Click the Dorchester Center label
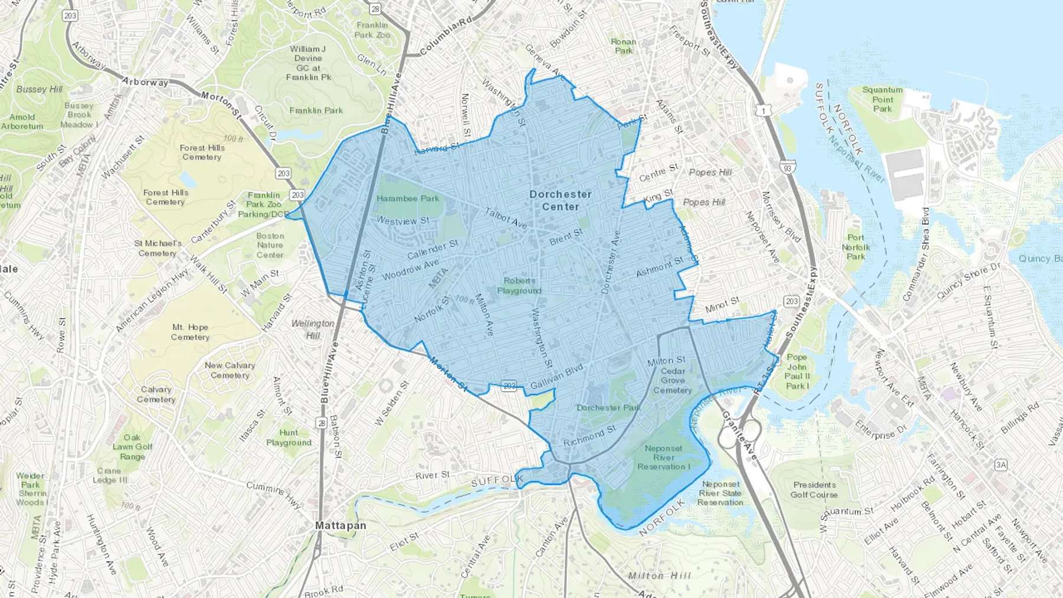coord(560,201)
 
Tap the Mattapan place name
coord(341,525)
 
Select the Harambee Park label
coord(407,198)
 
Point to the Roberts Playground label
coord(519,286)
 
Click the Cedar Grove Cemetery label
coord(673,381)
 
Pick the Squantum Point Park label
coord(882,99)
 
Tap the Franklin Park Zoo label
coord(372,30)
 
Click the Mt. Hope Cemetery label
coord(190,332)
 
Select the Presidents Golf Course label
coord(814,489)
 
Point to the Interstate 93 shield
coord(787,168)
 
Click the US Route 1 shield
coord(765,110)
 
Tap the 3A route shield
coord(1000,465)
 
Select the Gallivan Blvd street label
coord(556,377)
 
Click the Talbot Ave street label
coord(506,218)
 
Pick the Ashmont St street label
coord(659,267)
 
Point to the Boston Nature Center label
coord(270,245)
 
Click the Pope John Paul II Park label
coord(797,371)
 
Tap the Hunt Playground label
coord(288,437)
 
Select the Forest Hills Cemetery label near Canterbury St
coord(165,197)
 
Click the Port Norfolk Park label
coord(856,247)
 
